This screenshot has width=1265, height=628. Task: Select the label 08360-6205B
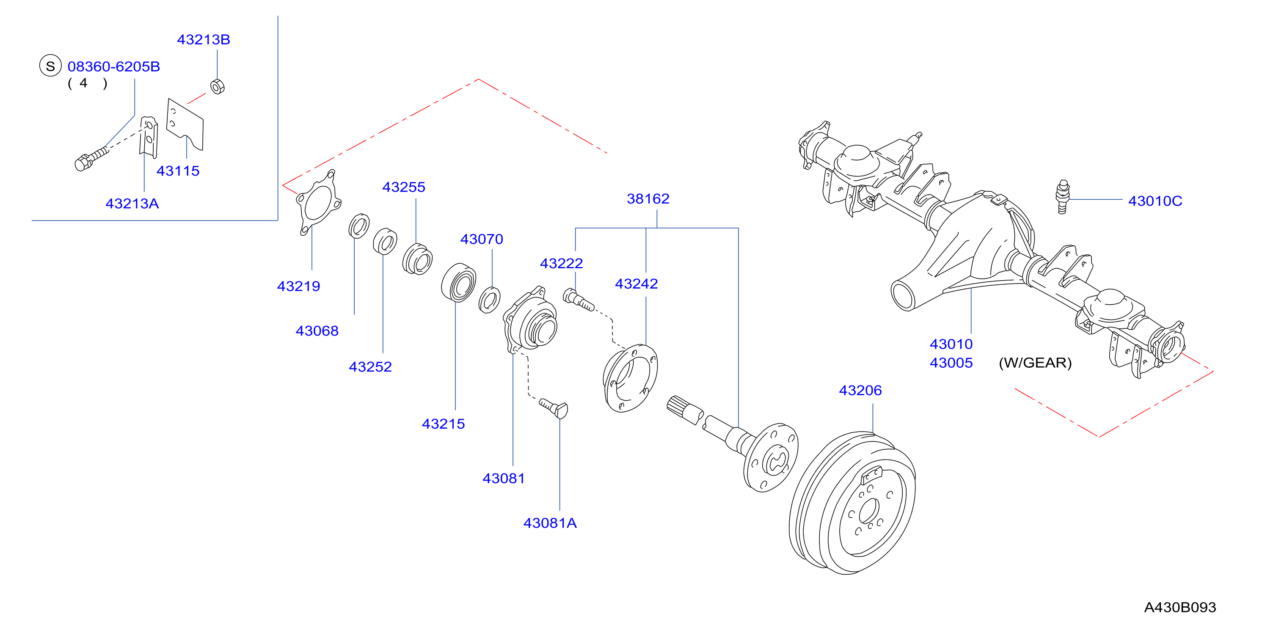point(113,66)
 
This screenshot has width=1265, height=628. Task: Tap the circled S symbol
point(50,66)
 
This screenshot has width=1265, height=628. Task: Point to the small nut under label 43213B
point(218,86)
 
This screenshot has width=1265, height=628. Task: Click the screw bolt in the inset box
point(91,158)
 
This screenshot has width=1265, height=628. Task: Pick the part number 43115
point(178,171)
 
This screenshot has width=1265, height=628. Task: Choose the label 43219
point(298,286)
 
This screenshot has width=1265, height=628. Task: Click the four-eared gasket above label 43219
point(318,202)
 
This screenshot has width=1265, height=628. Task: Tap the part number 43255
point(404,187)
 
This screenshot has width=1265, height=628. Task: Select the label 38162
point(648,199)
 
